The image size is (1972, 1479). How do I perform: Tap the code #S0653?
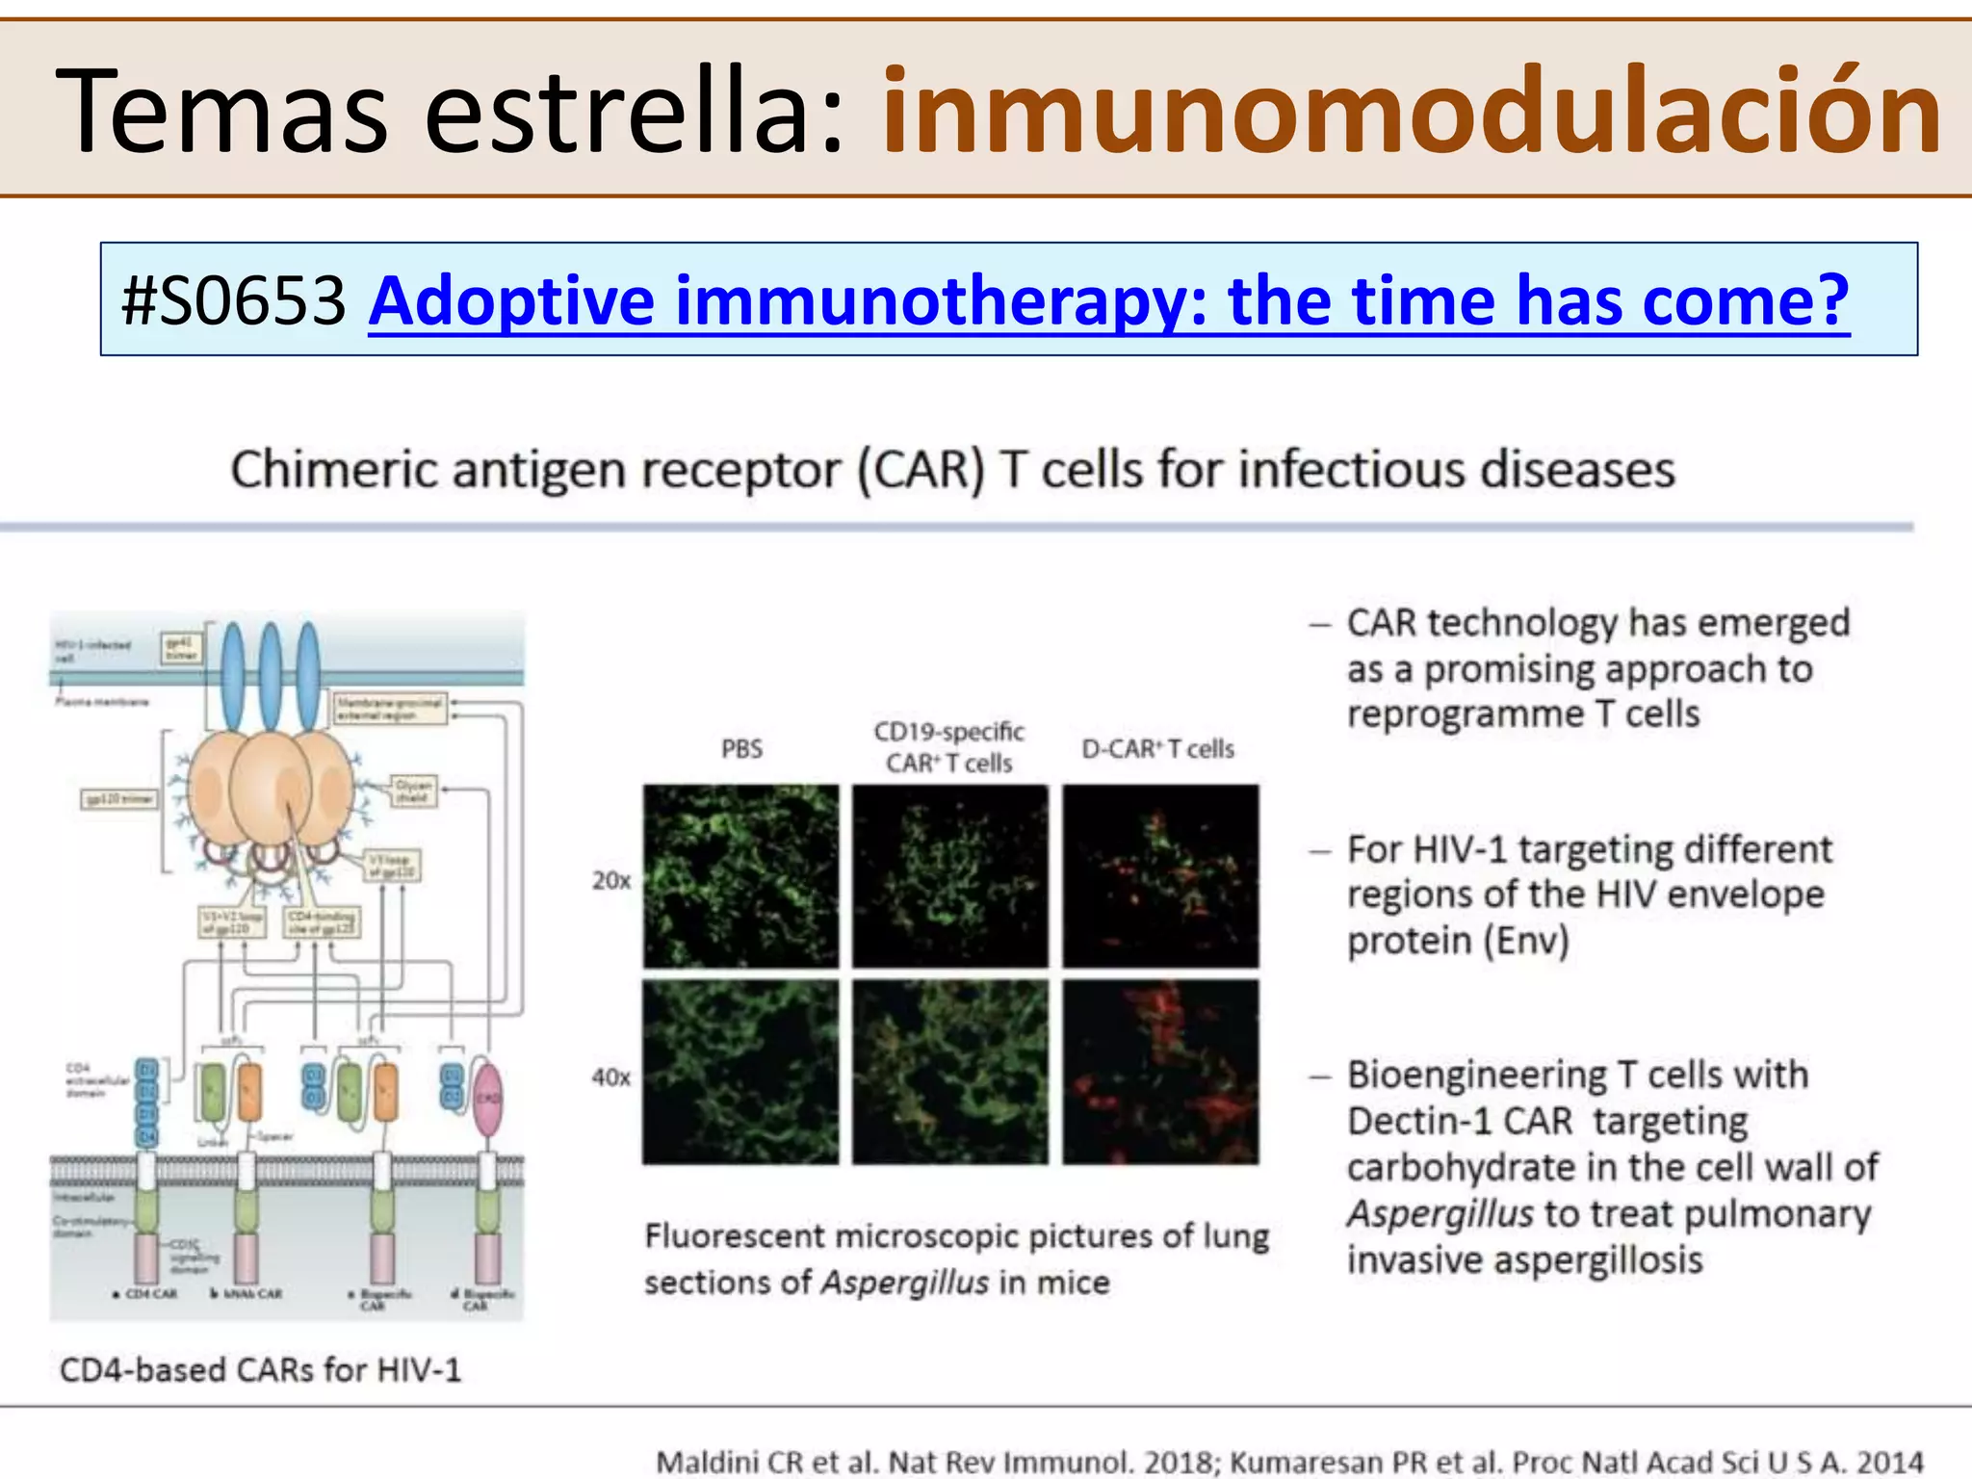click(233, 300)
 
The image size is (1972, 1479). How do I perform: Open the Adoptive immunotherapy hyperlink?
click(1107, 300)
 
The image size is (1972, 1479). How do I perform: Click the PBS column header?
click(741, 749)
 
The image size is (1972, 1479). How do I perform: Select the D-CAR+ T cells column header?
click(1157, 749)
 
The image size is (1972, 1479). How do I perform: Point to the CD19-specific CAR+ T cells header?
click(948, 747)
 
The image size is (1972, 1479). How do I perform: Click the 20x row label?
click(611, 880)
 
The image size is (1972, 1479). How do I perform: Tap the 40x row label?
click(611, 1077)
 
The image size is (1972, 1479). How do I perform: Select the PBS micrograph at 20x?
click(740, 876)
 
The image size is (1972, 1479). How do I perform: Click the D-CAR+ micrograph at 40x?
click(1160, 1072)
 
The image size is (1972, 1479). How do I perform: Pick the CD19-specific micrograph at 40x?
click(950, 1072)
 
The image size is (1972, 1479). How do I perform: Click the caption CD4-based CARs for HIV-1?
click(260, 1369)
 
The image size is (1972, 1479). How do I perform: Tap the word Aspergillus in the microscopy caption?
click(904, 1283)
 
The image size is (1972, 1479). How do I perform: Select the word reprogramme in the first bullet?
click(1465, 714)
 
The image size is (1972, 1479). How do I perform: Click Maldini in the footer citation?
click(708, 1462)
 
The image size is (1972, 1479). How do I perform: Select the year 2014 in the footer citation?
click(1887, 1462)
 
